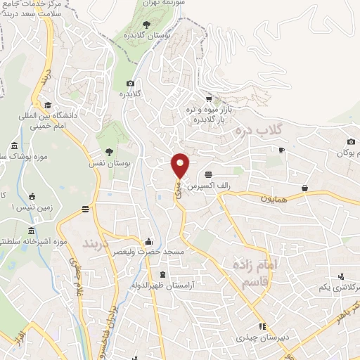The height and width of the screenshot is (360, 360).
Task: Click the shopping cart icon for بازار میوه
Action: (x=208, y=98)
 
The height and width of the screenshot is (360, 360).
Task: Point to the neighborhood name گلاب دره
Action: (x=257, y=131)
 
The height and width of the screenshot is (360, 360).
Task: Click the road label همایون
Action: (x=272, y=200)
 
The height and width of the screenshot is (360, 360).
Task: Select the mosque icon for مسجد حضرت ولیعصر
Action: (x=147, y=240)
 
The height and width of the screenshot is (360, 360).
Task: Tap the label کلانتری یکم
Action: (x=335, y=288)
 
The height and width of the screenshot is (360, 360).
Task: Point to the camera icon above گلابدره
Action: (x=130, y=84)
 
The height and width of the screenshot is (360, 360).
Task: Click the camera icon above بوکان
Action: (x=351, y=142)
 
